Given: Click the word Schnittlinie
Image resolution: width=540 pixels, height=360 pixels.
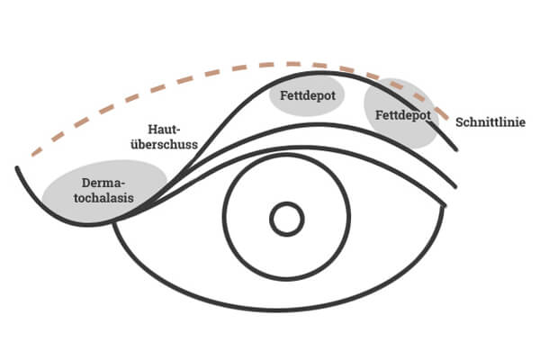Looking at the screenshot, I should coord(490,121).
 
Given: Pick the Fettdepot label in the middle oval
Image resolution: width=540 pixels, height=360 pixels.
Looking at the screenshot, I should coord(307,96).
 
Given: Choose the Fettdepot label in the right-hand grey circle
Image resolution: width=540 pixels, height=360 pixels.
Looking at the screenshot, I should coord(401,115).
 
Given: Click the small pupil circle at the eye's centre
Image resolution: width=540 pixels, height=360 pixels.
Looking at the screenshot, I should coord(287,218).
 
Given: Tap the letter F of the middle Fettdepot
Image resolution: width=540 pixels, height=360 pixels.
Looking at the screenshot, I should coord(281,96).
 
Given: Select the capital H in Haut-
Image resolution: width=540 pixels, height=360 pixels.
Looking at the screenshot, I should coord(150,129).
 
